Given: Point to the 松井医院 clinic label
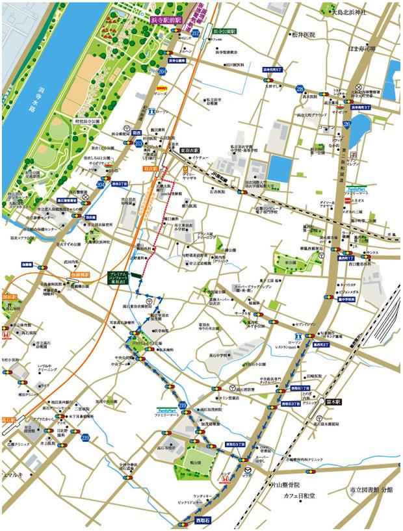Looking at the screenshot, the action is (x=304, y=34).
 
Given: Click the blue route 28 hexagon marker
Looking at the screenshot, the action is (x=300, y=89).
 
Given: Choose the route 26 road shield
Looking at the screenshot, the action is (x=347, y=125).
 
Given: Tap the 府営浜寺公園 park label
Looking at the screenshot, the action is (x=90, y=122).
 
